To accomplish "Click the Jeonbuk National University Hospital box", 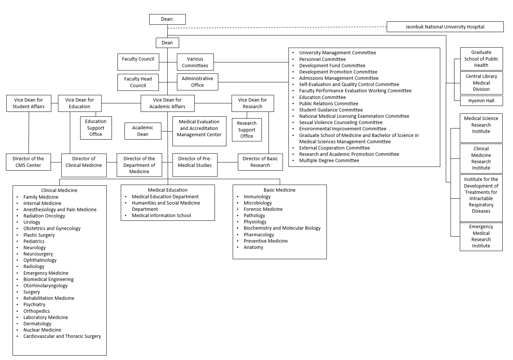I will (x=445, y=27).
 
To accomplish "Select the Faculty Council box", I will (x=138, y=62).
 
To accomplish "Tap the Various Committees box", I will (x=195, y=62).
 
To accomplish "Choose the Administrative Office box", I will (x=197, y=82).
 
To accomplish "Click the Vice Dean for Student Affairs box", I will (x=28, y=103).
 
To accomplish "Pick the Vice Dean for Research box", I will (x=252, y=103).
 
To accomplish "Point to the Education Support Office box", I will (x=96, y=128).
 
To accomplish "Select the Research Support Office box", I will (x=247, y=130).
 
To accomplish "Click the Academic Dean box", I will (x=143, y=131).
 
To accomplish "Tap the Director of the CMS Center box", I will (x=28, y=162).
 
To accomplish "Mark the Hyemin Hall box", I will (x=481, y=100).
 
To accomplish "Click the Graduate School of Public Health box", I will (x=481, y=59).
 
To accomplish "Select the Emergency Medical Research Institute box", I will (x=481, y=236).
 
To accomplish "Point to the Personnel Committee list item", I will (x=322, y=59).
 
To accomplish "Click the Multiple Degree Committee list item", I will (x=329, y=160).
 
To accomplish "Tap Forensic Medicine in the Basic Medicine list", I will (x=263, y=209).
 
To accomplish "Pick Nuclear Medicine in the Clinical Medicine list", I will (x=42, y=330).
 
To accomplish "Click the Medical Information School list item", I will (x=161, y=215).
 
